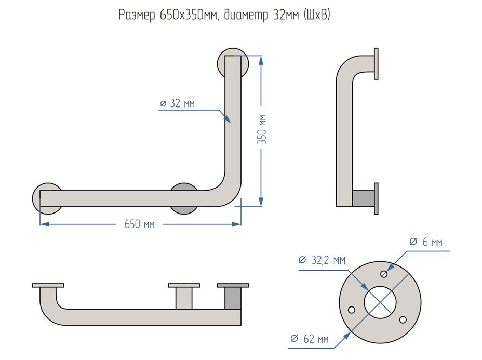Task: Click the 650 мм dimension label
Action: [x=139, y=224]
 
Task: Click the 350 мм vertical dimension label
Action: [x=262, y=129]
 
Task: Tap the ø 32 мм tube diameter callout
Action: [x=177, y=103]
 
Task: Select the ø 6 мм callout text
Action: [x=426, y=242]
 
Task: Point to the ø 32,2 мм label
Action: [x=322, y=260]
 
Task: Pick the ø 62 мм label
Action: [x=309, y=339]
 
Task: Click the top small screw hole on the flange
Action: [x=384, y=274]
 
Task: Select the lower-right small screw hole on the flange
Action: [x=403, y=320]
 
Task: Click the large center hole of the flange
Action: [x=380, y=302]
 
